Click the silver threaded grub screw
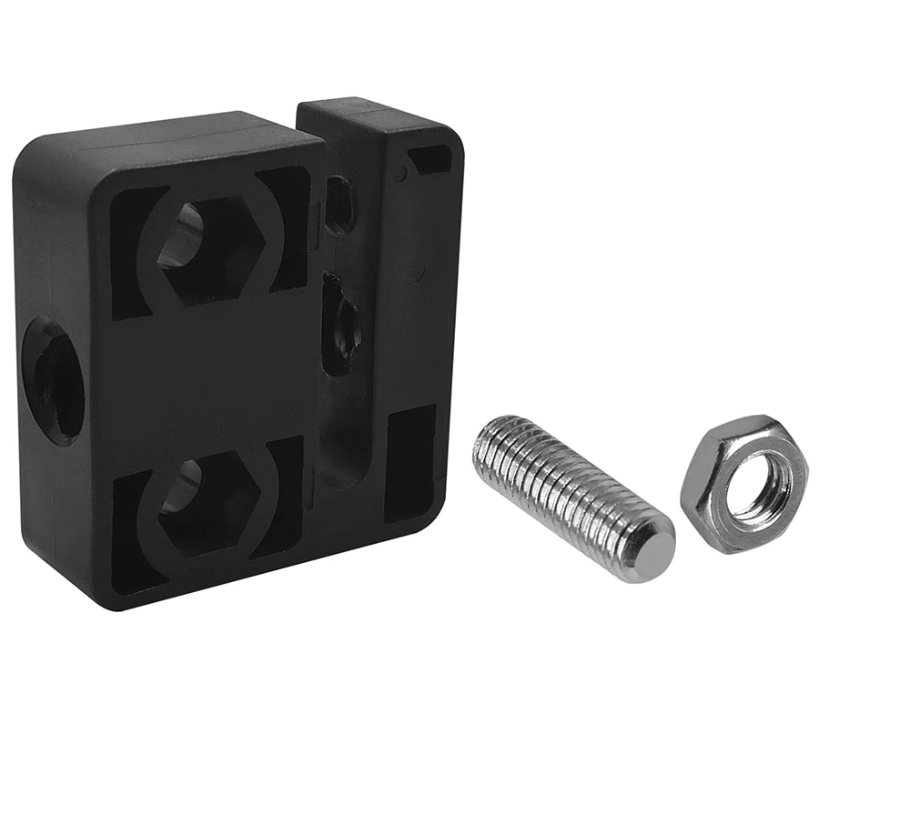(x=573, y=497)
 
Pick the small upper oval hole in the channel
(x=339, y=204)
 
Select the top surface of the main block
(x=173, y=137)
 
